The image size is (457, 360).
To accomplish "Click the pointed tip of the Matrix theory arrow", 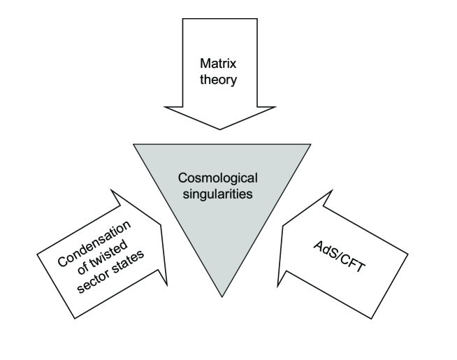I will (220, 129).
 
